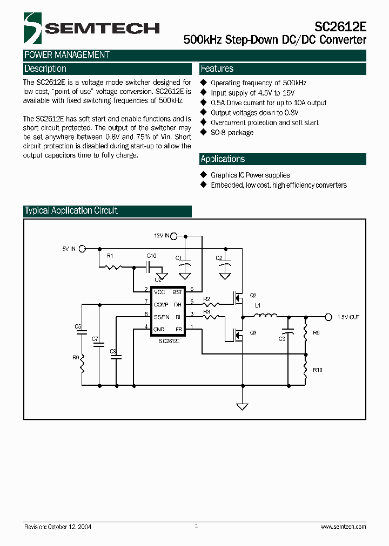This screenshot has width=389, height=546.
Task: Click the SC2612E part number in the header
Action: pos(340,26)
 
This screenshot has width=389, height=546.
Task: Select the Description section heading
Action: pos(45,69)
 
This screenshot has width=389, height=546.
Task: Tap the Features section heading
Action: pos(217,69)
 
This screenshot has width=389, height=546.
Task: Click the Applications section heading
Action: pos(223,159)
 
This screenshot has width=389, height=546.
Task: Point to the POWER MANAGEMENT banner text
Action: pos(67,55)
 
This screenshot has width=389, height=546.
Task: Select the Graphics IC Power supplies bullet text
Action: pos(250,175)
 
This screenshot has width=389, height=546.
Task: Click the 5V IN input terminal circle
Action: pos(82,249)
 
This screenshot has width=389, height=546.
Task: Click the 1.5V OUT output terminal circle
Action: pos(331,317)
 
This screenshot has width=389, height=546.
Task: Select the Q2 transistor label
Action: pos(253,295)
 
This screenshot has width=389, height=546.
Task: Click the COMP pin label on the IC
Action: pos(161,304)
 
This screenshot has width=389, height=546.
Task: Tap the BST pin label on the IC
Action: pos(177,292)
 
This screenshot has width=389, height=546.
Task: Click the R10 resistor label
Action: pos(317,370)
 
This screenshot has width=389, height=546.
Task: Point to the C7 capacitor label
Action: pos(95,339)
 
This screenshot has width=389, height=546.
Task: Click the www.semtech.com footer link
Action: pos(343,527)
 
